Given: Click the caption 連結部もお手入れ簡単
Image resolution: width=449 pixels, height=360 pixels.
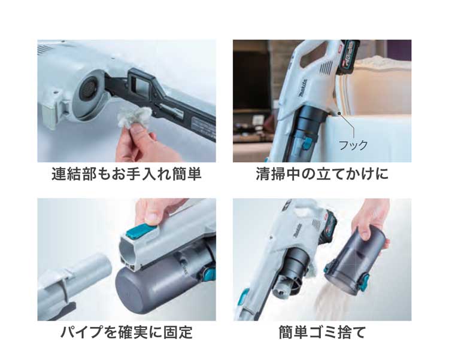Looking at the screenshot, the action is click(126, 174).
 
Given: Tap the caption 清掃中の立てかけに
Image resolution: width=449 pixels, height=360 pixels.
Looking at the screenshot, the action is click(322, 174).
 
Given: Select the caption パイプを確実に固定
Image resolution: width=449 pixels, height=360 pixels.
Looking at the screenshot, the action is click(126, 332).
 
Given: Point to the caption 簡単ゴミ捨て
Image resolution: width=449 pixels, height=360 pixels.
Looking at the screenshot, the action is click(323, 332).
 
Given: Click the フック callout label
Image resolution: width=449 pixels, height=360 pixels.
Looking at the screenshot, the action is click(353, 145).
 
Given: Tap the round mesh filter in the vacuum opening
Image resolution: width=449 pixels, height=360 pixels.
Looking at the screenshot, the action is click(89, 89).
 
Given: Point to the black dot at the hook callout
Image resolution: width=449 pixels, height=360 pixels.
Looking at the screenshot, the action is click(339, 113).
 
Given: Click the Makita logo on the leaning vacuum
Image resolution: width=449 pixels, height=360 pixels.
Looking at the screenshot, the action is click(304, 89).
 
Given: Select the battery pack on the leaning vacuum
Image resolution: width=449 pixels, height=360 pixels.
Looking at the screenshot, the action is click(348, 57).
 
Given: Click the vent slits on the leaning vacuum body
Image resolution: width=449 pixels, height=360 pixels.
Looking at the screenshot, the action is click(326, 68).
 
